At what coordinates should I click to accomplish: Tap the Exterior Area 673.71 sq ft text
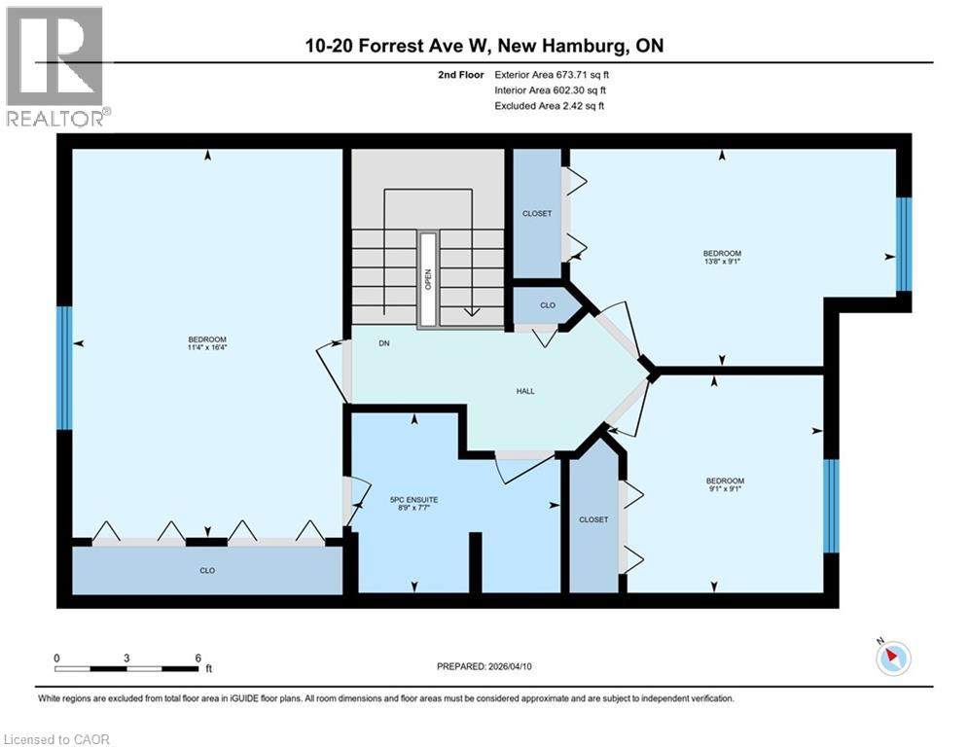tap(552, 74)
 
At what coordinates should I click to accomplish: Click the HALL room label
tap(525, 391)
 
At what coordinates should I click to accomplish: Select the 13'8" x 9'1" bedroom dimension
tap(721, 260)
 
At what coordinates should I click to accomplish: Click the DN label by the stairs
tap(384, 342)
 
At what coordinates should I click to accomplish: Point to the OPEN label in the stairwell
tap(427, 278)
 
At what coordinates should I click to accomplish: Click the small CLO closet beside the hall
tap(548, 305)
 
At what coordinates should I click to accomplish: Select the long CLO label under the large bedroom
tap(207, 570)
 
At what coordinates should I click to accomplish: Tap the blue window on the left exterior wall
tap(64, 368)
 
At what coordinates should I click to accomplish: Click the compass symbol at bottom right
tap(892, 658)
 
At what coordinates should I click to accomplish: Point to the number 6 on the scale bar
tap(197, 658)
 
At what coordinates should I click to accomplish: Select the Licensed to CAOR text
tap(56, 739)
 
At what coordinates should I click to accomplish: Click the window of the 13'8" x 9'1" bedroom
tap(904, 244)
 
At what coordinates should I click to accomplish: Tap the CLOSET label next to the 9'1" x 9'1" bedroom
tap(593, 519)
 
